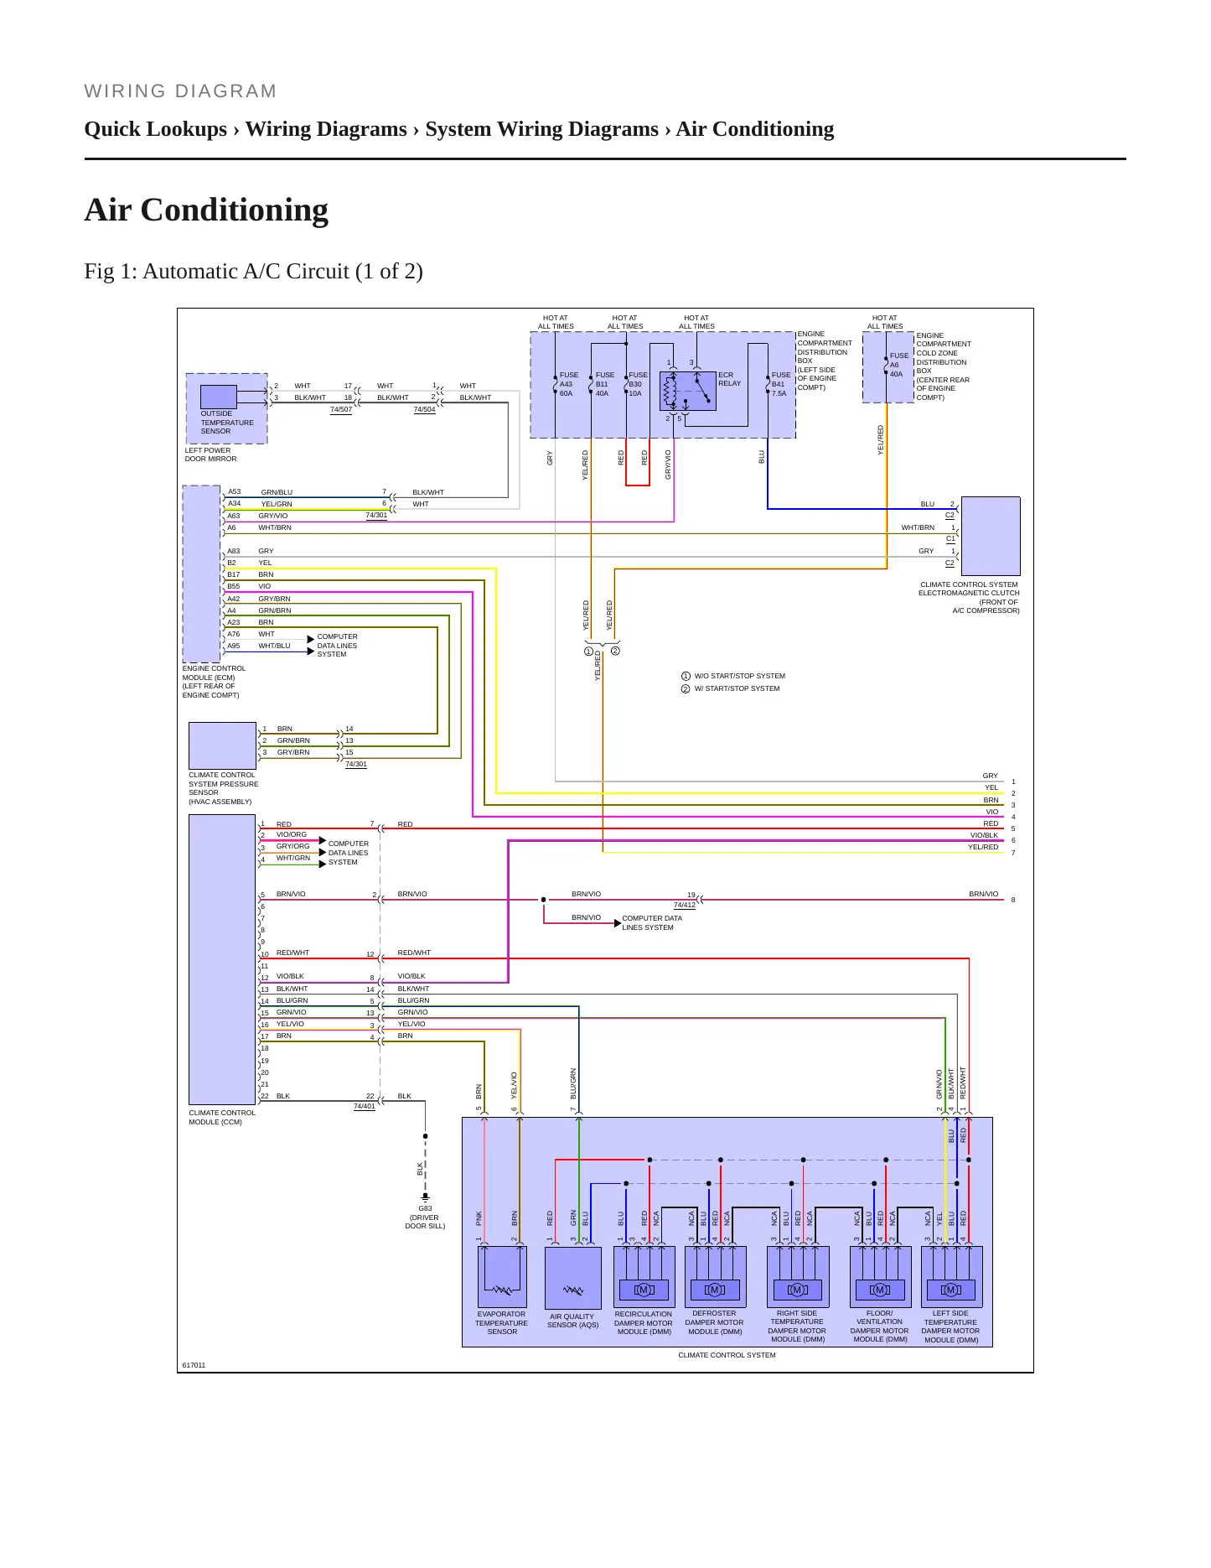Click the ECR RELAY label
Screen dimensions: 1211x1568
(x=729, y=379)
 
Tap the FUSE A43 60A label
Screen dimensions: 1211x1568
(x=568, y=384)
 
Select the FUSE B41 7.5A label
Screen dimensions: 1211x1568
(x=780, y=384)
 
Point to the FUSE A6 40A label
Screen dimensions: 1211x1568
(x=898, y=365)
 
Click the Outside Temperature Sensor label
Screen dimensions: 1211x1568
(x=226, y=423)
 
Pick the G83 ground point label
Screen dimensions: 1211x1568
(x=425, y=1218)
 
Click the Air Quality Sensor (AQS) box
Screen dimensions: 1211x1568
(x=573, y=1277)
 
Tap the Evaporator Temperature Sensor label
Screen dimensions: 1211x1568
(x=501, y=1323)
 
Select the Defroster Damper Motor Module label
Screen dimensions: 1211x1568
(x=714, y=1322)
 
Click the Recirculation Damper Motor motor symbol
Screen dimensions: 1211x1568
(x=644, y=1290)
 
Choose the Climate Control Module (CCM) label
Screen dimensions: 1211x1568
(x=222, y=1117)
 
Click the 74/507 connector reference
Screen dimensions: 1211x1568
(x=341, y=409)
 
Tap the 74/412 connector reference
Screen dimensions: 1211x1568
(x=685, y=905)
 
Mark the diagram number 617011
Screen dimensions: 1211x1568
(x=194, y=1365)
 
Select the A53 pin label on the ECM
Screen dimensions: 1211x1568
(x=234, y=491)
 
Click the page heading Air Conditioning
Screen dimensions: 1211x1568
(x=206, y=210)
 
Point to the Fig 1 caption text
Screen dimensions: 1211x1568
(x=253, y=271)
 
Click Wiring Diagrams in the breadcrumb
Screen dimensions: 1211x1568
(x=326, y=129)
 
